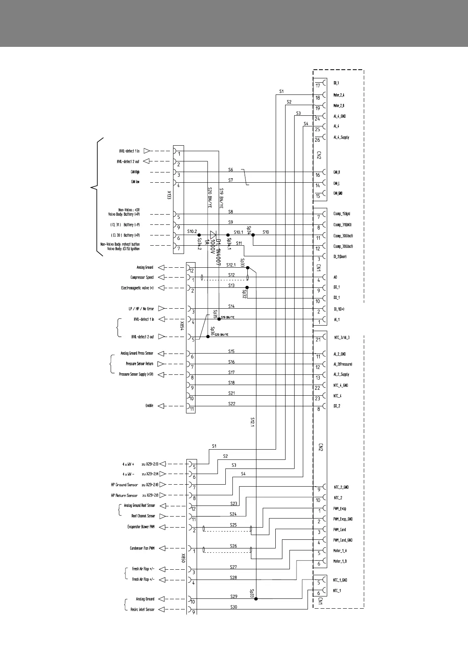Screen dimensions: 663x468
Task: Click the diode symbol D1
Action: pos(214,235)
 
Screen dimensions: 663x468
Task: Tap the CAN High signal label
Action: pos(135,172)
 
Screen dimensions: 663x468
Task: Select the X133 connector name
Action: pos(169,195)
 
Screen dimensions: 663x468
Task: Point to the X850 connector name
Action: pos(183,558)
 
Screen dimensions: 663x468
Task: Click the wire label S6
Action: pos(231,170)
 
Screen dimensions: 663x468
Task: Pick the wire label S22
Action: pos(232,404)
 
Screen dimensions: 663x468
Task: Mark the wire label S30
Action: pos(234,607)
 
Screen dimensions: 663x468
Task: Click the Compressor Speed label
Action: pos(142,278)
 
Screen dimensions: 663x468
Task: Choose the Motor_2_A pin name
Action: pos(339,95)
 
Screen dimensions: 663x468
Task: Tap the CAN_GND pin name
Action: pos(338,193)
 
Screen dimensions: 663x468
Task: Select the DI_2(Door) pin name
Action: pos(340,257)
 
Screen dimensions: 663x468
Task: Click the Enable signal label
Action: pos(149,406)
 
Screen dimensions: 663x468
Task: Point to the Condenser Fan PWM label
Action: pos(142,548)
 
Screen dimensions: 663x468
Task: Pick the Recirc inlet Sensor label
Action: pos(142,609)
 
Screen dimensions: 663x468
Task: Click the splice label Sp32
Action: pos(244,294)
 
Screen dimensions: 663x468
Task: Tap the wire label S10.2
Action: pos(192,231)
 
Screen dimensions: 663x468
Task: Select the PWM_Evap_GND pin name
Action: pos(343,519)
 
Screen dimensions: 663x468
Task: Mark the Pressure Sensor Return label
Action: pos(139,364)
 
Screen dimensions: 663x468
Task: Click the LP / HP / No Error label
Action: pos(141,309)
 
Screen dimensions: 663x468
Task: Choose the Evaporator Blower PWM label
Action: pos(141,527)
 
